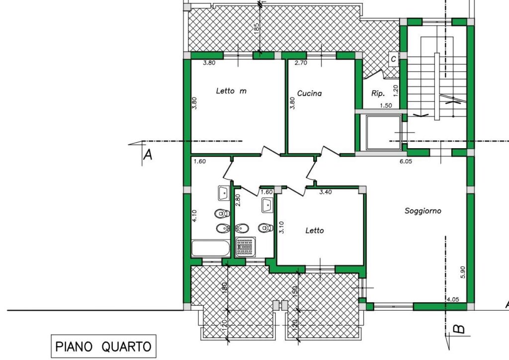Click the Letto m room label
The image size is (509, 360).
[x=231, y=91]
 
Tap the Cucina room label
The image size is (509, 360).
[x=310, y=93]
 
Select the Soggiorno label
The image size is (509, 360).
[x=423, y=211]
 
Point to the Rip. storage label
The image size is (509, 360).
[x=378, y=93]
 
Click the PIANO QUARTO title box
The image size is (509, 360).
[x=103, y=347]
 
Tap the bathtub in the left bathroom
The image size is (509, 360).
[x=211, y=248]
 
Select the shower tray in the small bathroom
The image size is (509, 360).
[x=246, y=247]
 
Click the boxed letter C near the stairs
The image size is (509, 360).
[x=394, y=59]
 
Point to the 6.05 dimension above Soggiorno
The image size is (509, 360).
[x=406, y=161]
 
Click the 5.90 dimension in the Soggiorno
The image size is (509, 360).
[x=463, y=272]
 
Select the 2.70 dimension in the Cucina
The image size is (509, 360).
[x=301, y=63]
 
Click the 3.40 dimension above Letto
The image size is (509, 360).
[x=326, y=192]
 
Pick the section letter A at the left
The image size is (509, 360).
[x=148, y=155]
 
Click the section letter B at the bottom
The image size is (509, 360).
[x=459, y=329]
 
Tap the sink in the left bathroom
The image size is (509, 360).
[x=224, y=193]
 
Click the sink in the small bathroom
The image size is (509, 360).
[x=267, y=205]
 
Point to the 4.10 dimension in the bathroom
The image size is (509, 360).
[x=194, y=215]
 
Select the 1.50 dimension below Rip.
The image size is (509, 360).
[x=386, y=105]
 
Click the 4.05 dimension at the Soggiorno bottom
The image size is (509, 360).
[x=453, y=299]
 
